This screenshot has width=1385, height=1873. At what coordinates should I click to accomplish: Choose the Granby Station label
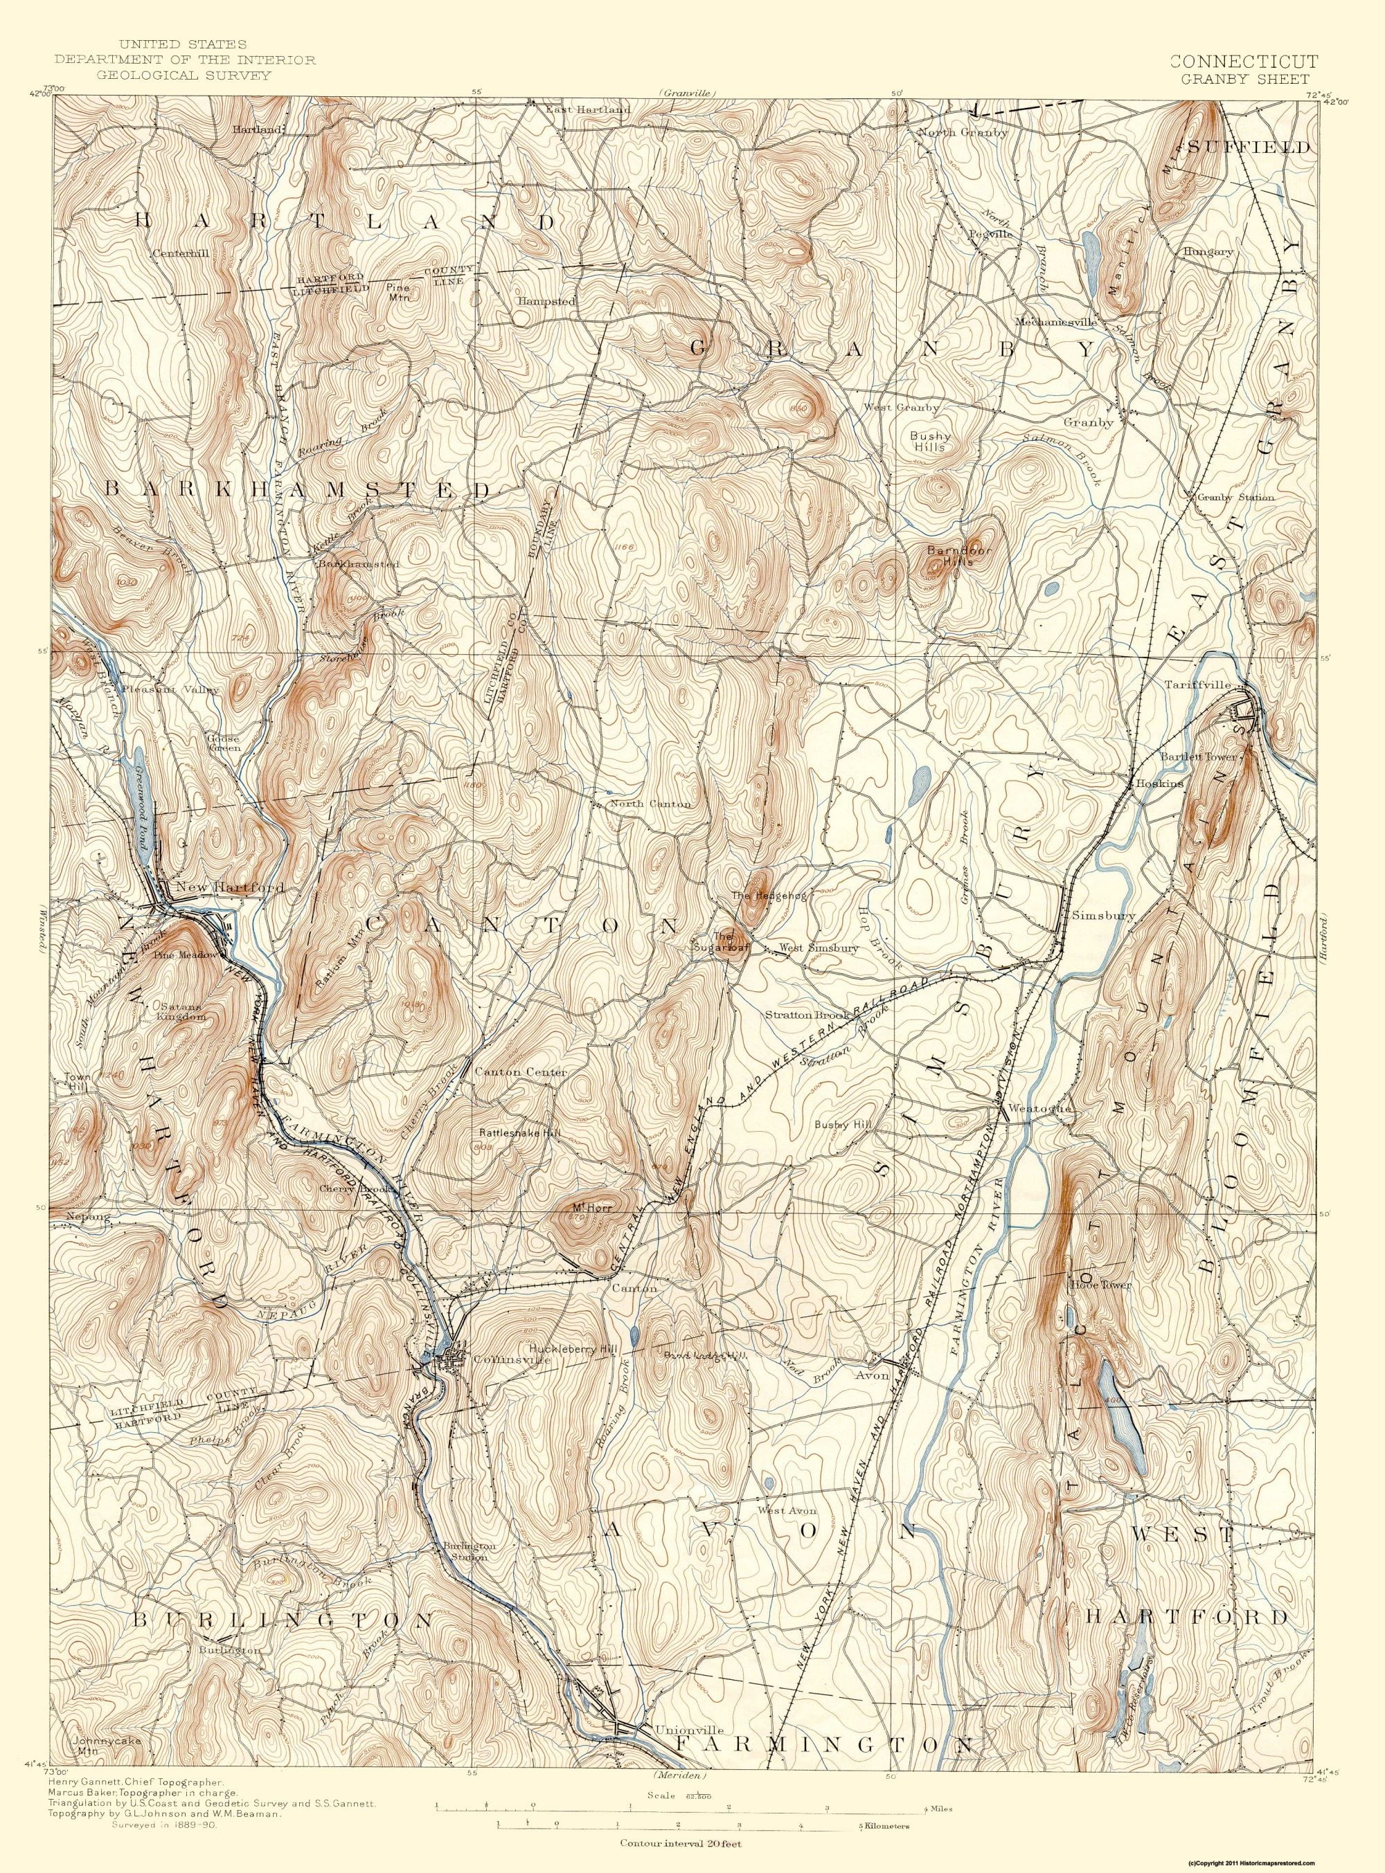tap(1235, 497)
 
